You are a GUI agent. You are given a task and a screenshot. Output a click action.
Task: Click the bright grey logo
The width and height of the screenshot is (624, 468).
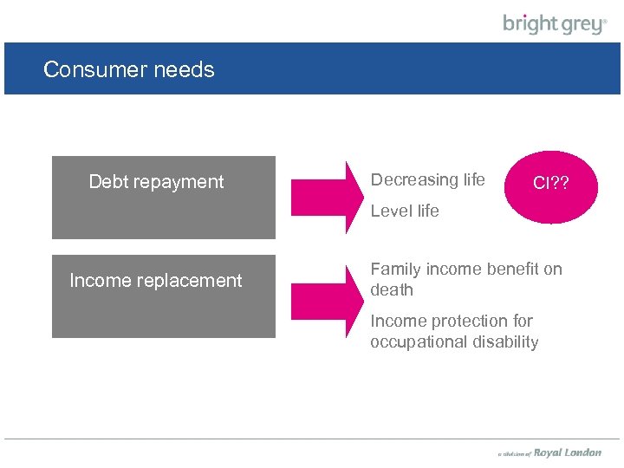click(x=555, y=23)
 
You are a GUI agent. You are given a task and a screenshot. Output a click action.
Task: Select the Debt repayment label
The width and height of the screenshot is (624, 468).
click(x=156, y=182)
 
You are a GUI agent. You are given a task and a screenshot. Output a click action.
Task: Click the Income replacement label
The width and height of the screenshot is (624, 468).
click(x=156, y=281)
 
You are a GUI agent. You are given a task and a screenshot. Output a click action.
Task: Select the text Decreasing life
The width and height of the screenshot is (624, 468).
click(x=427, y=180)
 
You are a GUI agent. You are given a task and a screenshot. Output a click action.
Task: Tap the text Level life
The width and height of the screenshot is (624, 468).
click(x=405, y=211)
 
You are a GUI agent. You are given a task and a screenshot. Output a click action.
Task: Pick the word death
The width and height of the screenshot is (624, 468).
click(x=392, y=290)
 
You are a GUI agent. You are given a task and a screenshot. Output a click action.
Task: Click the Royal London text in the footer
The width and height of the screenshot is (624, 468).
click(x=567, y=452)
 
